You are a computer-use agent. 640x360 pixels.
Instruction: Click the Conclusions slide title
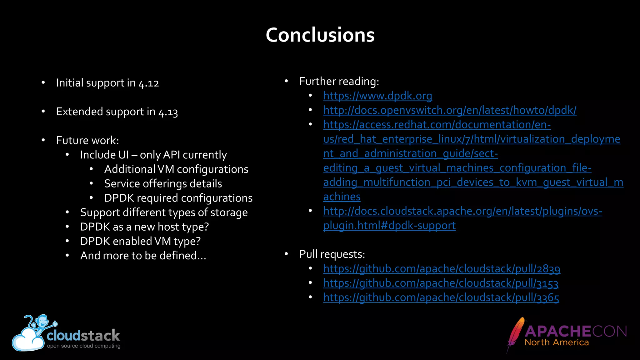pos(320,35)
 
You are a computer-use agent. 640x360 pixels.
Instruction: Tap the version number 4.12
pos(149,83)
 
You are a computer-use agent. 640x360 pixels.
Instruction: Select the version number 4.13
pos(168,112)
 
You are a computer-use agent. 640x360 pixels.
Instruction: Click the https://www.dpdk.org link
pos(377,96)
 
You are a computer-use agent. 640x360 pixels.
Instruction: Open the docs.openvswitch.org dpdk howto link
pos(450,110)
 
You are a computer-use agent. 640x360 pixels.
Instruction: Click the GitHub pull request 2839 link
pos(442,269)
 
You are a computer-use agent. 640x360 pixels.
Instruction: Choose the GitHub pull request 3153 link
pos(441,283)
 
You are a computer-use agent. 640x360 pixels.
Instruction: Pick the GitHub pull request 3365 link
pos(441,297)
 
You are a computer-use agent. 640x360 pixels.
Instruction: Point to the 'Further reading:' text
pos(339,82)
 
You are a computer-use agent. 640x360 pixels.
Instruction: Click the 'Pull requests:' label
pos(332,254)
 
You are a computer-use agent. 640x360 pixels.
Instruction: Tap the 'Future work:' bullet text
pos(87,141)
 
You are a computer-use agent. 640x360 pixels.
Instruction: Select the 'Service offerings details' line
pos(163,184)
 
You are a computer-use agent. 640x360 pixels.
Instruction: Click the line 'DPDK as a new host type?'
pos(144,227)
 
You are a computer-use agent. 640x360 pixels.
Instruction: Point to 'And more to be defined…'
pos(143,256)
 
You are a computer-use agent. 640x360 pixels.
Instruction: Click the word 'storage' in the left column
pos(229,212)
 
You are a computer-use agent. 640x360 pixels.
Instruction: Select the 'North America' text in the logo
pos(557,342)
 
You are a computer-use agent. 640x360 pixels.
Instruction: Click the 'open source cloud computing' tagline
pos(83,346)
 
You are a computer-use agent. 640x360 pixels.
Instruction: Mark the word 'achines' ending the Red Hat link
pos(342,197)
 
